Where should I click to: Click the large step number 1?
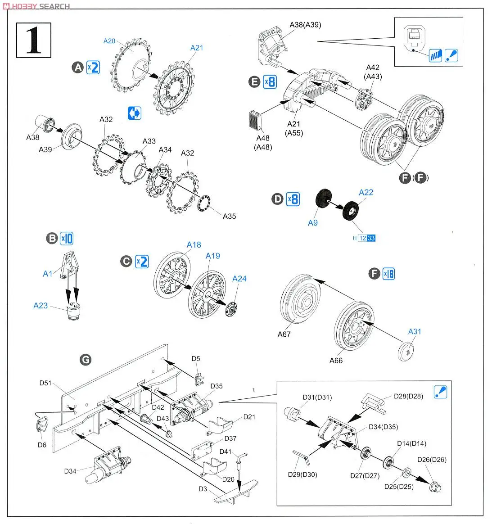(34, 40)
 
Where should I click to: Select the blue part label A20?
(109, 41)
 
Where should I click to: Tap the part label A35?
(229, 216)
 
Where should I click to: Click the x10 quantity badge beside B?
(66, 238)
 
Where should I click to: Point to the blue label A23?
(41, 306)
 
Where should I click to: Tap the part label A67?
(284, 334)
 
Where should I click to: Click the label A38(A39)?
(305, 24)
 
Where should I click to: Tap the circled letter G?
(85, 359)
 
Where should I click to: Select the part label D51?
(45, 383)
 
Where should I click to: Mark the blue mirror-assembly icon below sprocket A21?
(134, 113)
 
